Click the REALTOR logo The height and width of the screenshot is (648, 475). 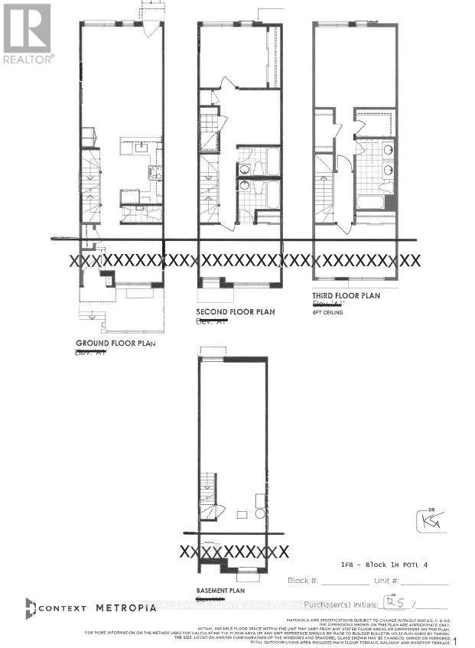click(x=28, y=32)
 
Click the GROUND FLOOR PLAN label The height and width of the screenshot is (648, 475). click(x=115, y=344)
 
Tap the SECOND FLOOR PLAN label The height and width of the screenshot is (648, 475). click(x=236, y=312)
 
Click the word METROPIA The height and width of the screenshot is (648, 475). click(x=126, y=607)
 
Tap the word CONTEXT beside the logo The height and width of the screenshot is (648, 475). click(x=63, y=607)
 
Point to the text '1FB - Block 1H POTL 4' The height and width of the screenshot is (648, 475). click(x=386, y=563)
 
